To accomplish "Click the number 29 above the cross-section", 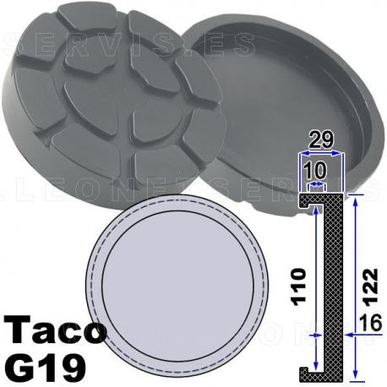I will click(320, 137).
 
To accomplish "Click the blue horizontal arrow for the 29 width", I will click(320, 153).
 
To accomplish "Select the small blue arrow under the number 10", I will click(314, 182).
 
